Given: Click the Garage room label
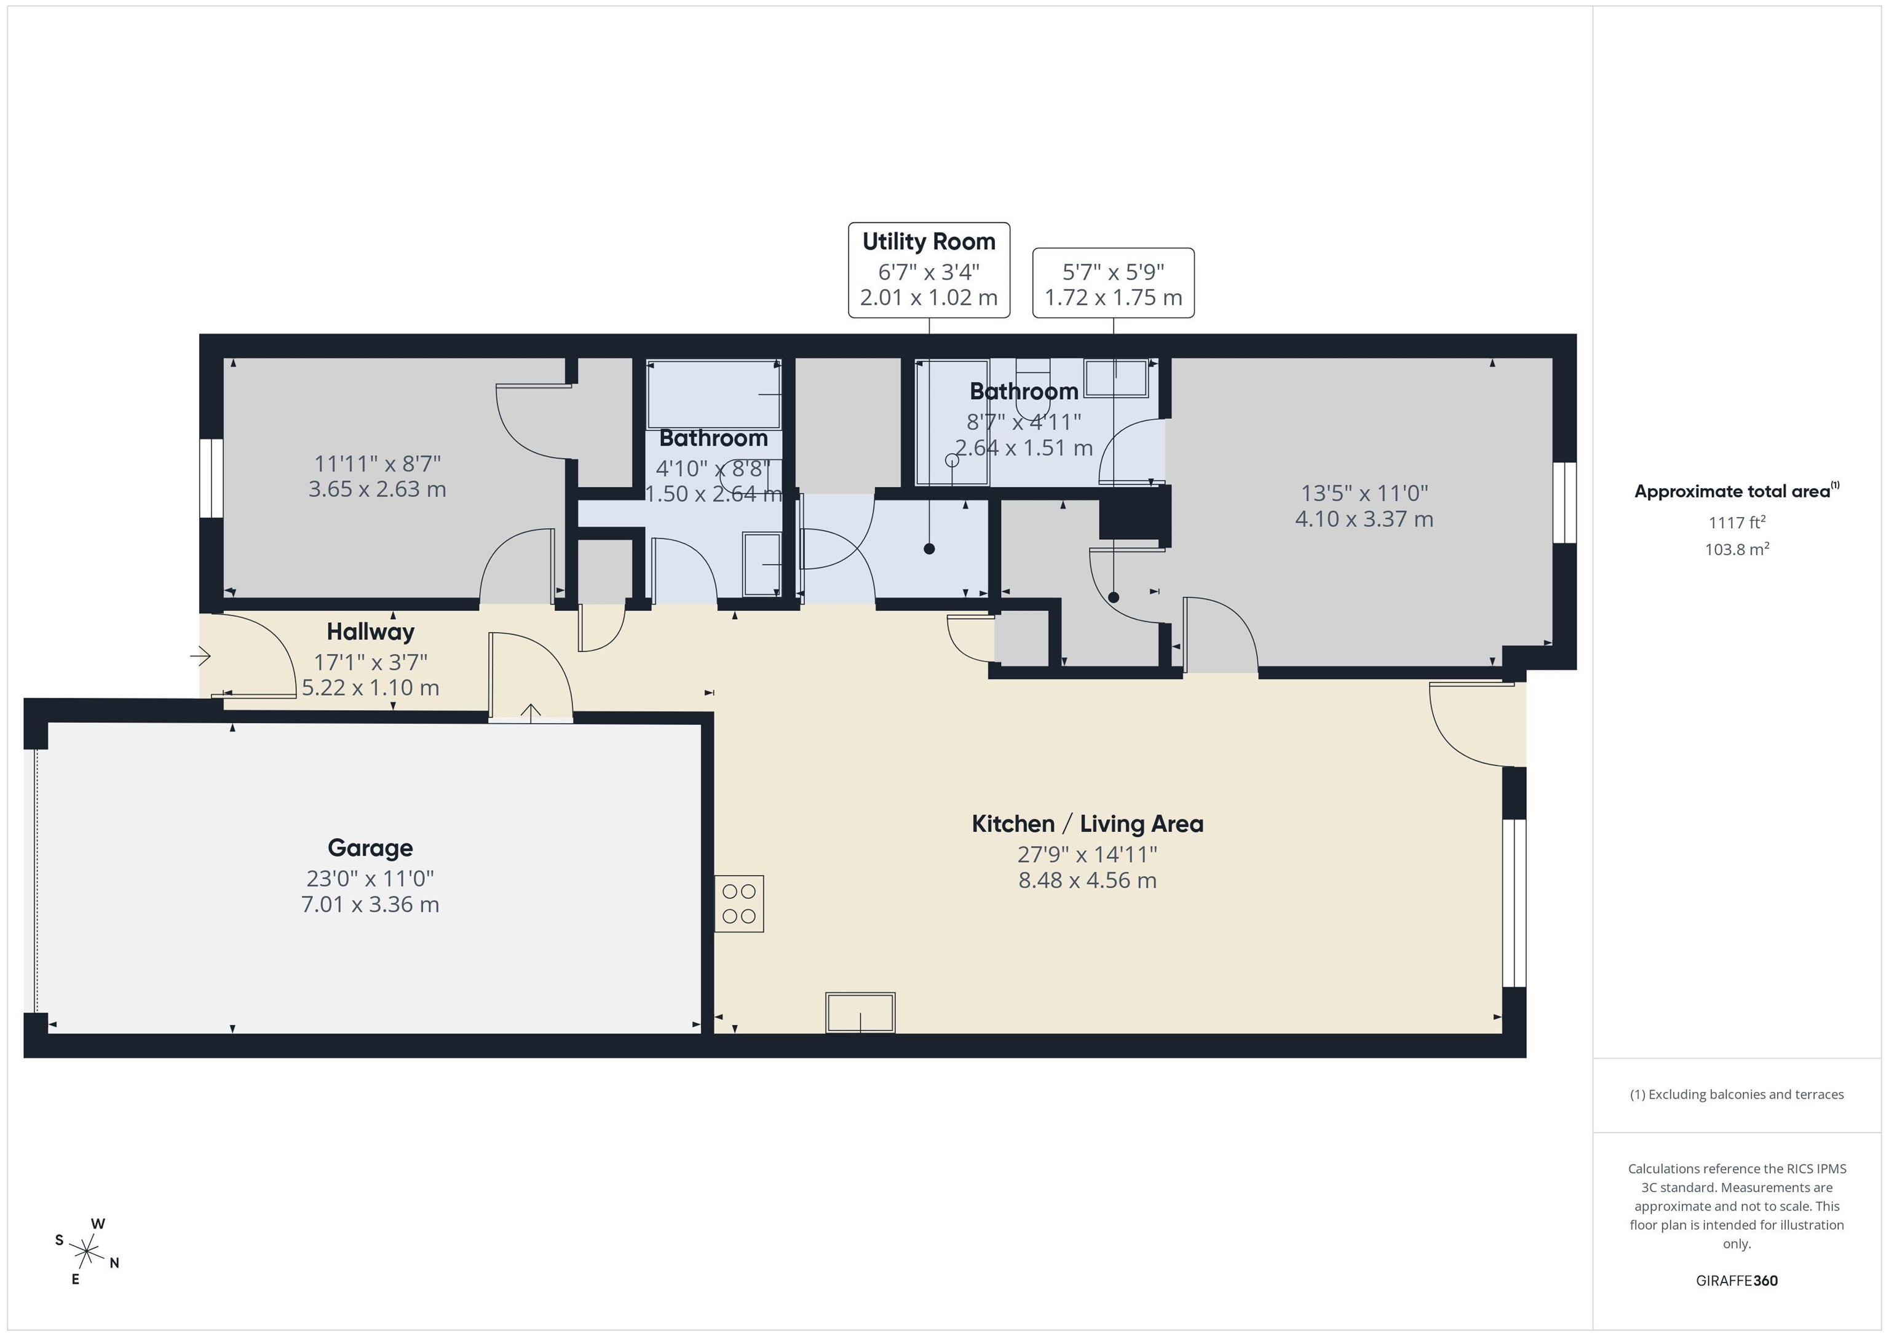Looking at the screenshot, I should coord(370,847).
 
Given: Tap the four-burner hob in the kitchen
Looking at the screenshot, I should coord(739,903).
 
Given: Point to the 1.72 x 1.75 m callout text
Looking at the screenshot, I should coord(1112,298).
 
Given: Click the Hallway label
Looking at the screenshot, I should coord(370,632).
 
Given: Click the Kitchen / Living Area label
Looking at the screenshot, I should coord(1087,823).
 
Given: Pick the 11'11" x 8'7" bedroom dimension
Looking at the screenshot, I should coord(377,463).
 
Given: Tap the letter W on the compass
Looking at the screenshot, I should coord(98,1223).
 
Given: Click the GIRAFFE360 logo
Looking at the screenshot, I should coord(1736,1280).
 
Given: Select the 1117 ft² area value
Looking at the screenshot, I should coord(1736,523).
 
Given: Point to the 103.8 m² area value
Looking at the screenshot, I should coord(1736,548).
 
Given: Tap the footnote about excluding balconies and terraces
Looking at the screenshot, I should coord(1736,1094).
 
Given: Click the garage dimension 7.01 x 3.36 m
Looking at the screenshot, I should coord(370,904).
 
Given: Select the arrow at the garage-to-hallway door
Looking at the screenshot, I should coord(531,713).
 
